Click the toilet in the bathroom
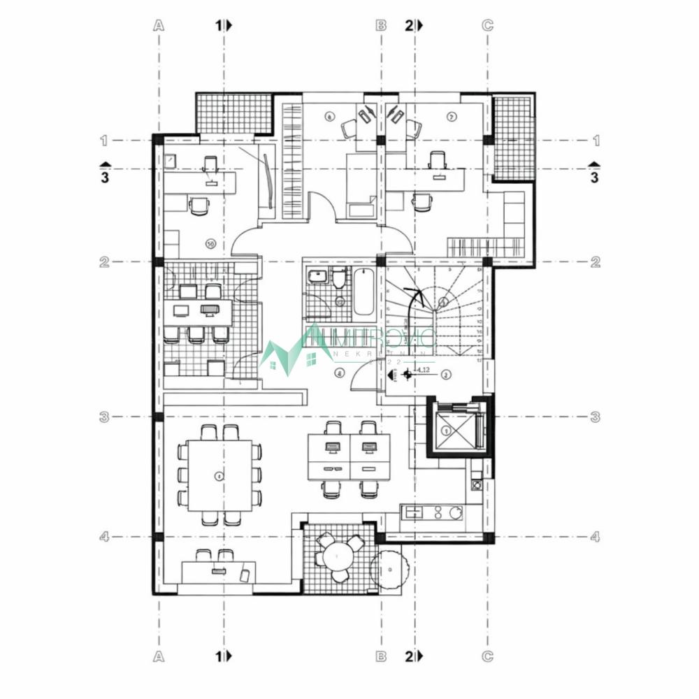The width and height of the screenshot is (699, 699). [338, 278]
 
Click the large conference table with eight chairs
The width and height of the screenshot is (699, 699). [219, 475]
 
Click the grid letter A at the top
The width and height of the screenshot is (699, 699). [159, 26]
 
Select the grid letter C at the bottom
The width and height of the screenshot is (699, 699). [488, 656]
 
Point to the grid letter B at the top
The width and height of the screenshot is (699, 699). [381, 26]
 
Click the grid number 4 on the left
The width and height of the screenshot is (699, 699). [104, 537]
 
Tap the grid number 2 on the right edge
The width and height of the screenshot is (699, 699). [596, 262]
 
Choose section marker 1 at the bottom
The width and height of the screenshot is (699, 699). [219, 656]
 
